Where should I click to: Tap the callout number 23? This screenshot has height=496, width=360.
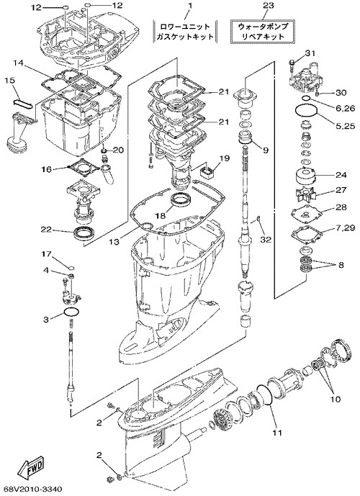click(268, 5)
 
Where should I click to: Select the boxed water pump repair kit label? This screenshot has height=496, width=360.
click(264, 32)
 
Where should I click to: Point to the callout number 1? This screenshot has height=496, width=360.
click(190, 5)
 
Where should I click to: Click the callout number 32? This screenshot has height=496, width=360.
click(266, 240)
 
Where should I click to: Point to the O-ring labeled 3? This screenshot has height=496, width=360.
click(71, 312)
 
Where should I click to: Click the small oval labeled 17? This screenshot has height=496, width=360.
click(71, 266)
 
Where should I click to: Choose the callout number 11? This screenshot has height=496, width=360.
click(277, 433)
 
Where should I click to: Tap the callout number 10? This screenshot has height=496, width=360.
click(335, 400)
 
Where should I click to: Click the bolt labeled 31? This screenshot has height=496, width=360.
click(292, 64)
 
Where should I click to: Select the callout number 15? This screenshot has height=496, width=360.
click(10, 81)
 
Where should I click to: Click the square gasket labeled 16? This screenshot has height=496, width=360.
click(84, 167)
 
